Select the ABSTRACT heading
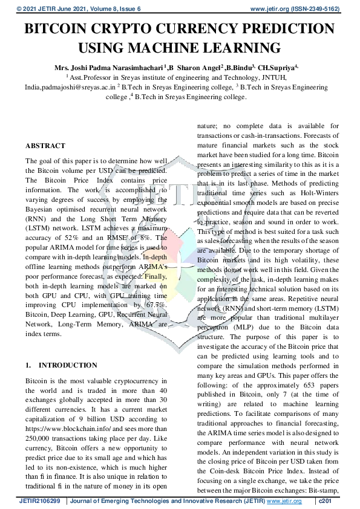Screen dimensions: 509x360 (45, 146)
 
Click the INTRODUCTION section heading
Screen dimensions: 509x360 (67, 365)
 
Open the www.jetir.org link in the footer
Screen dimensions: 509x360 (284, 502)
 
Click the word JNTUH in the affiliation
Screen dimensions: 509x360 (280, 77)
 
